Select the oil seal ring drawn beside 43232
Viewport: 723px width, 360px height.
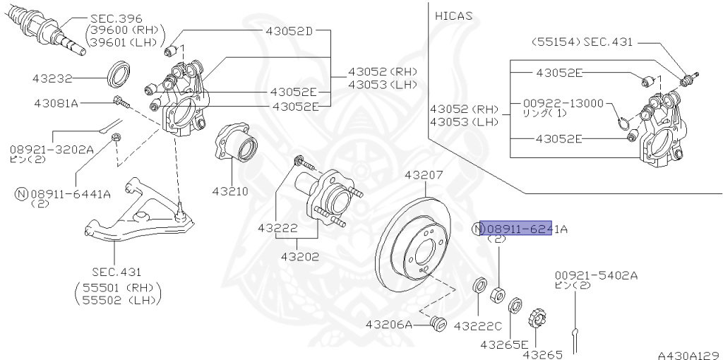pos(119,73)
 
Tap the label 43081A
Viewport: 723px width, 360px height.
pos(56,103)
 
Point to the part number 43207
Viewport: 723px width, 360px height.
pos(424,174)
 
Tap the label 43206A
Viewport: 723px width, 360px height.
pos(388,325)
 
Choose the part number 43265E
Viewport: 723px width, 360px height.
pos(503,344)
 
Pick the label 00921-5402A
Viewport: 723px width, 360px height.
pos(595,275)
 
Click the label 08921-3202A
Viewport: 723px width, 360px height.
pos(51,149)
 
